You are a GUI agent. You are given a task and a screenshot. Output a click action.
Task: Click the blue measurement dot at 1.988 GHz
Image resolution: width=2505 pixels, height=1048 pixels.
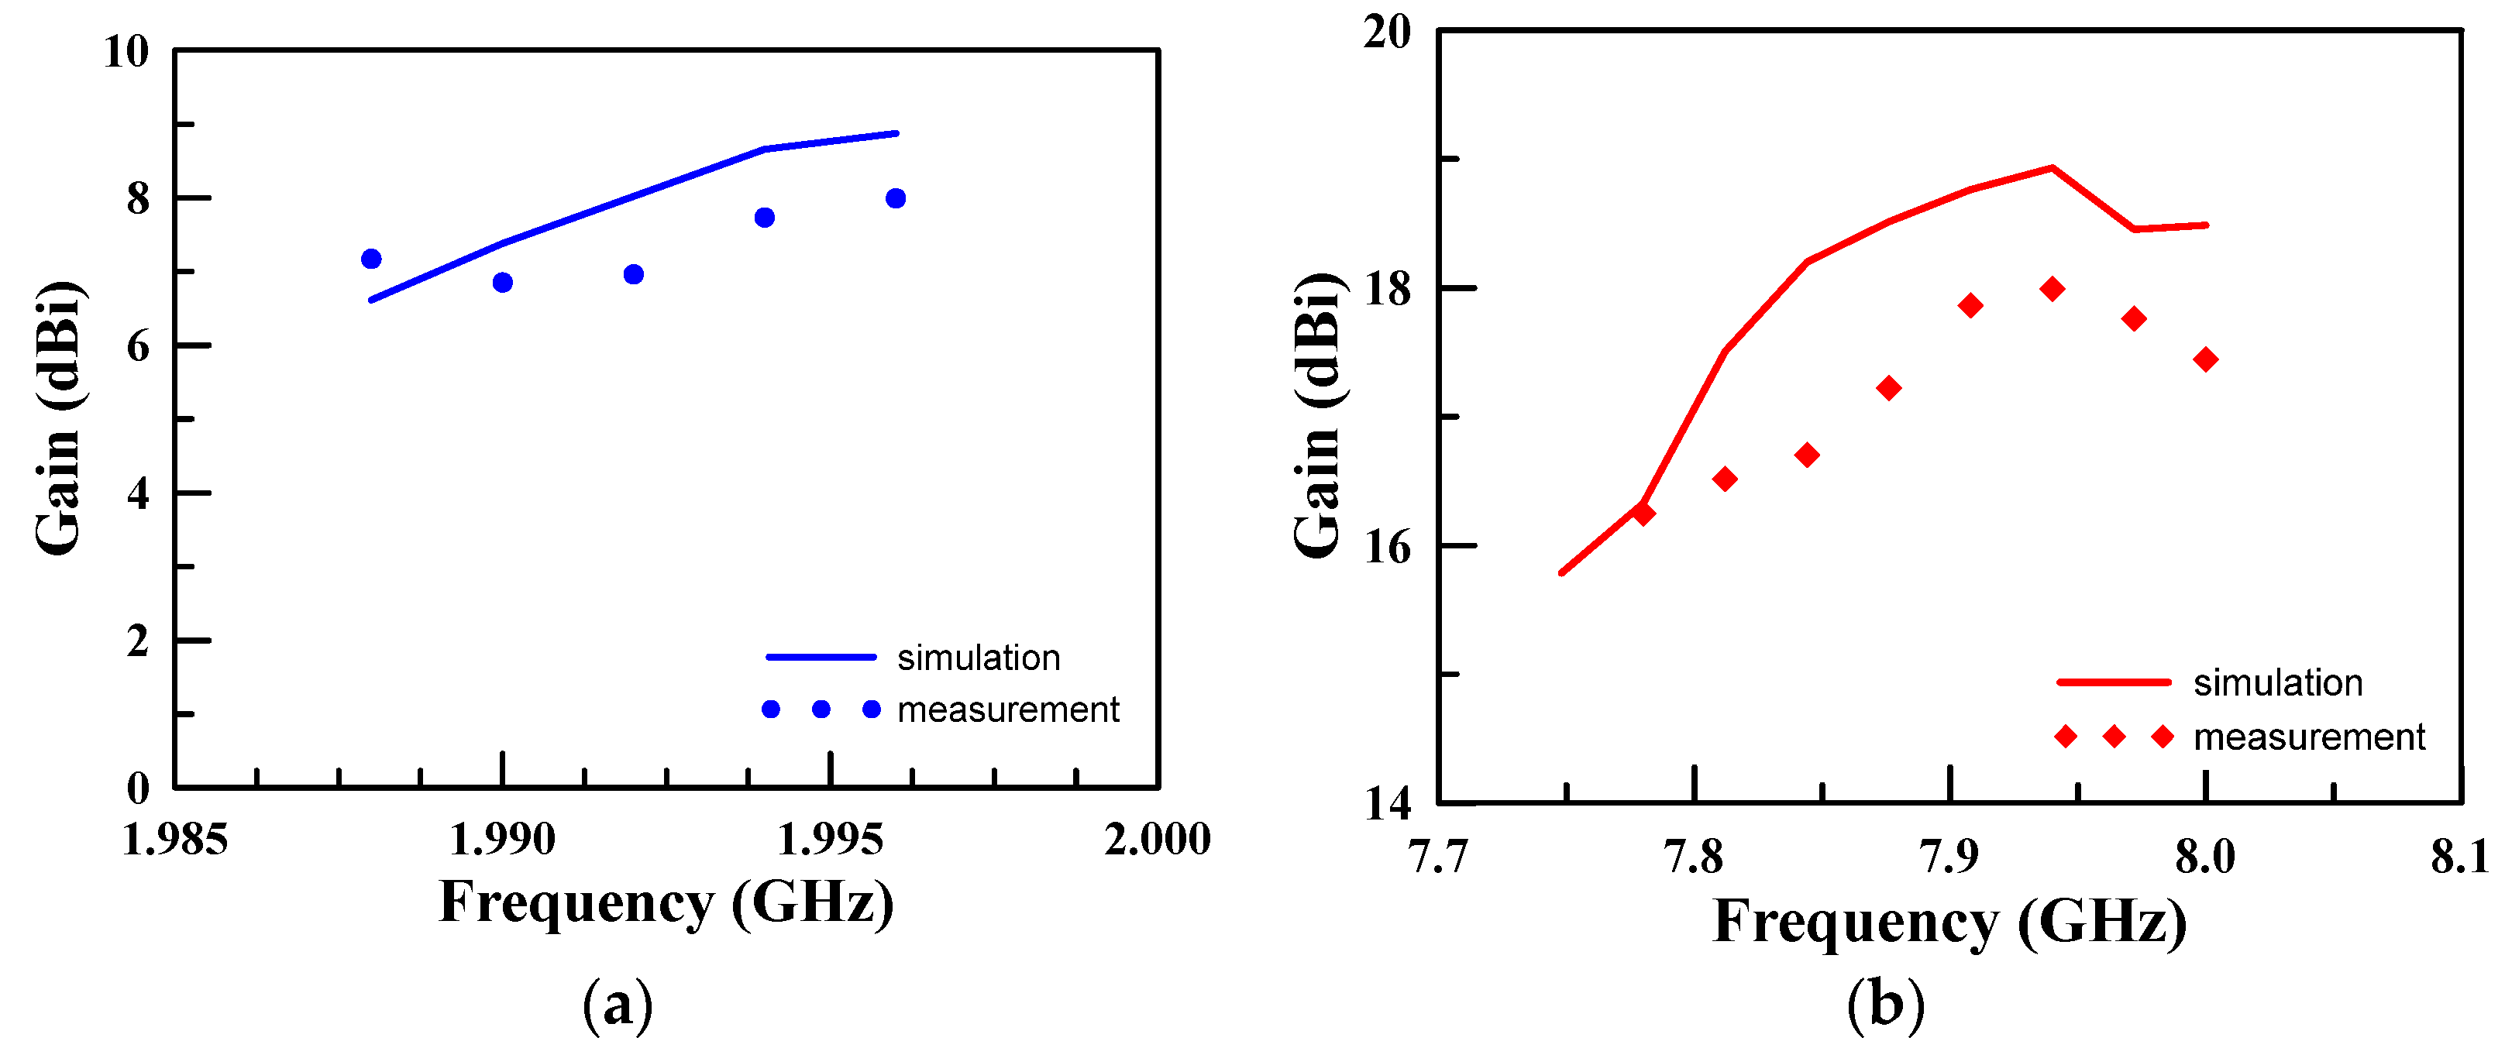(370, 259)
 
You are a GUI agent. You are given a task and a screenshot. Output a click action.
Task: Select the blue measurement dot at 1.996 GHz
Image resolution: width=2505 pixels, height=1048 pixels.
(896, 198)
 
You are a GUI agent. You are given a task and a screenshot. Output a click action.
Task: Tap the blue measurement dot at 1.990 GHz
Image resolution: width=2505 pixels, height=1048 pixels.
(503, 283)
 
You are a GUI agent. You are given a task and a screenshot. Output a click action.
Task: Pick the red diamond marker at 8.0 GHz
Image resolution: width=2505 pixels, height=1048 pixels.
(2205, 359)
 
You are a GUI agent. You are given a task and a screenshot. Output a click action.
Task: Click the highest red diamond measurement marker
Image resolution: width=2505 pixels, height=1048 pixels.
(2053, 289)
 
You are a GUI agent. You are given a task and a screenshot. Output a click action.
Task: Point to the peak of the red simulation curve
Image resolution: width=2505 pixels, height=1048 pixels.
(2052, 167)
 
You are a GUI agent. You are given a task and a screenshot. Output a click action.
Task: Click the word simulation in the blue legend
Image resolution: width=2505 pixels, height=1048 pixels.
(979, 658)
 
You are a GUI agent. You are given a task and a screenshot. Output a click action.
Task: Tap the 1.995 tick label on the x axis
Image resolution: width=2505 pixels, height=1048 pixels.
(831, 839)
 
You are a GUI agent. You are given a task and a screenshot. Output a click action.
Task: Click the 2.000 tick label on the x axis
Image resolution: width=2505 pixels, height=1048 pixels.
(1158, 839)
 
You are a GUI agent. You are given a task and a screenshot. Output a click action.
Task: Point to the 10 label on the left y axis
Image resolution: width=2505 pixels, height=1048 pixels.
(126, 52)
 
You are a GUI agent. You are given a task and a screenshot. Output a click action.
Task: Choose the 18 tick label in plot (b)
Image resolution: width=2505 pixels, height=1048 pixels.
(1388, 289)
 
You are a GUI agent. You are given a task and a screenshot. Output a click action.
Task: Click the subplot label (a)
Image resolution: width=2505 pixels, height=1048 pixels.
(618, 1005)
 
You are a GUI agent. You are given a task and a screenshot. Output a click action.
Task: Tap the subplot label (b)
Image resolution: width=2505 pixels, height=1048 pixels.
(1886, 1005)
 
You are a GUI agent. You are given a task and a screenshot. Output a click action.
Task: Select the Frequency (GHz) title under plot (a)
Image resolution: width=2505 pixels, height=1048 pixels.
(666, 902)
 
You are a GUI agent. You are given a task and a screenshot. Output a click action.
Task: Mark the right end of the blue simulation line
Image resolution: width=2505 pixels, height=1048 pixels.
(896, 133)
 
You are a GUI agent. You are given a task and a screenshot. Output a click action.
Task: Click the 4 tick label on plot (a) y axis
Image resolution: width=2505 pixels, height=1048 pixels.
(138, 494)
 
